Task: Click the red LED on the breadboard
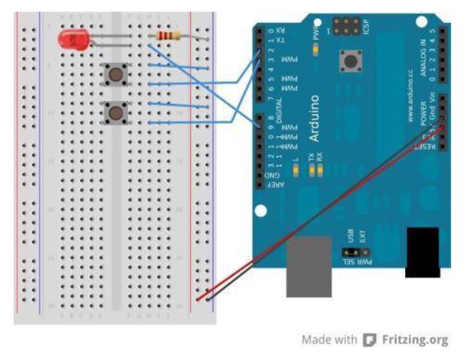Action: click(72, 40)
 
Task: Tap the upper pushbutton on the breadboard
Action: click(115, 74)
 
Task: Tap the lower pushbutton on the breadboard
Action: click(115, 113)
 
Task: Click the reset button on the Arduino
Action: click(352, 61)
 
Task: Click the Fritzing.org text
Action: click(414, 339)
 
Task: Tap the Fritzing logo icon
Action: click(370, 339)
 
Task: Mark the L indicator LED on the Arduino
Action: click(296, 170)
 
